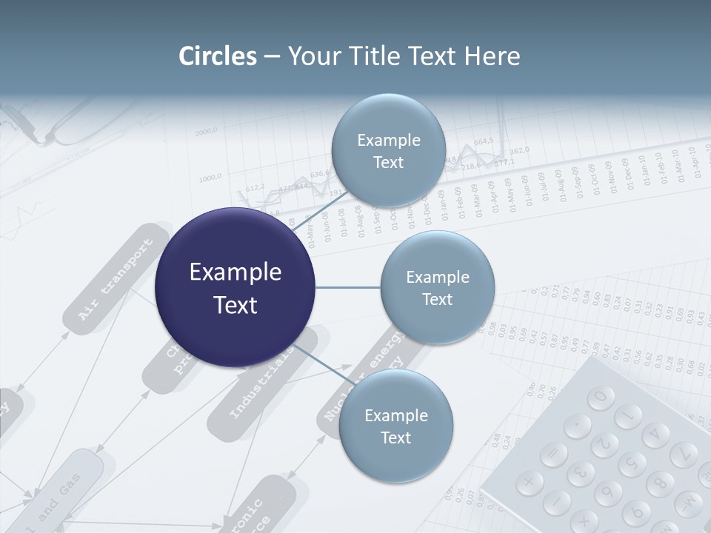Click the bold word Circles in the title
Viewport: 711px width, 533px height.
[218, 56]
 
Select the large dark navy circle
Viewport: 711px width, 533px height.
[236, 288]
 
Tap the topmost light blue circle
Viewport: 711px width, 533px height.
[388, 150]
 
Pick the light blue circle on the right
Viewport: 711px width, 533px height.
[437, 287]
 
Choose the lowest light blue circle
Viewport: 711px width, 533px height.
[395, 426]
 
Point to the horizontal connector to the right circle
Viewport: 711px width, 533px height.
[348, 287]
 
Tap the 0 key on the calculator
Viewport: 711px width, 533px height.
[601, 397]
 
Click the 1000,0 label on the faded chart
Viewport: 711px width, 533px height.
[210, 178]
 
